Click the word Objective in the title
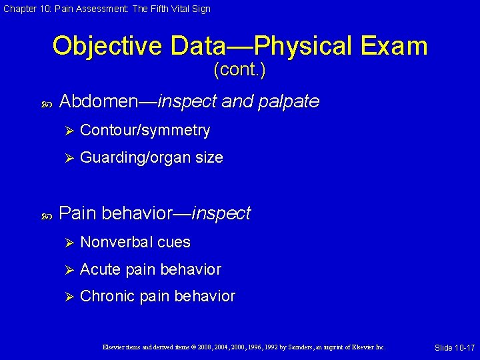(107, 46)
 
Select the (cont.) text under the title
(239, 70)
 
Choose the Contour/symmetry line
(145, 131)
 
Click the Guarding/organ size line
(151, 158)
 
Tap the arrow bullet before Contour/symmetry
(67, 131)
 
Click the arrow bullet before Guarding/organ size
(67, 158)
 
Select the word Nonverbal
(116, 242)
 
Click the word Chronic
(107, 296)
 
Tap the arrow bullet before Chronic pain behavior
(67, 296)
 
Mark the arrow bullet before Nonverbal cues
(67, 242)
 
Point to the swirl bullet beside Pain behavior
(47, 215)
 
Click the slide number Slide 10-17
(454, 348)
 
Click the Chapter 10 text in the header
(26, 9)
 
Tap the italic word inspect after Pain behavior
(221, 213)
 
